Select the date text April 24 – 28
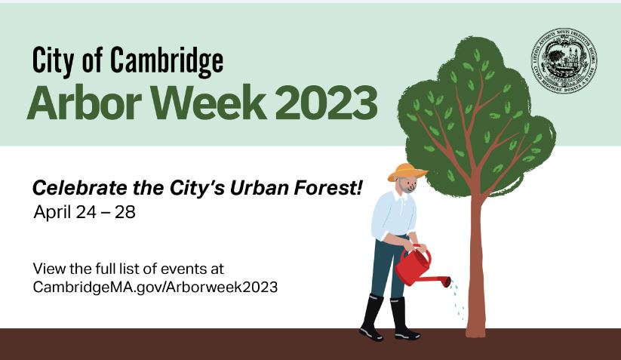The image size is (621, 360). point(85,211)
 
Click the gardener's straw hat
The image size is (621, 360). point(407,171)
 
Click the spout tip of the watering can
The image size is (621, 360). point(447,282)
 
